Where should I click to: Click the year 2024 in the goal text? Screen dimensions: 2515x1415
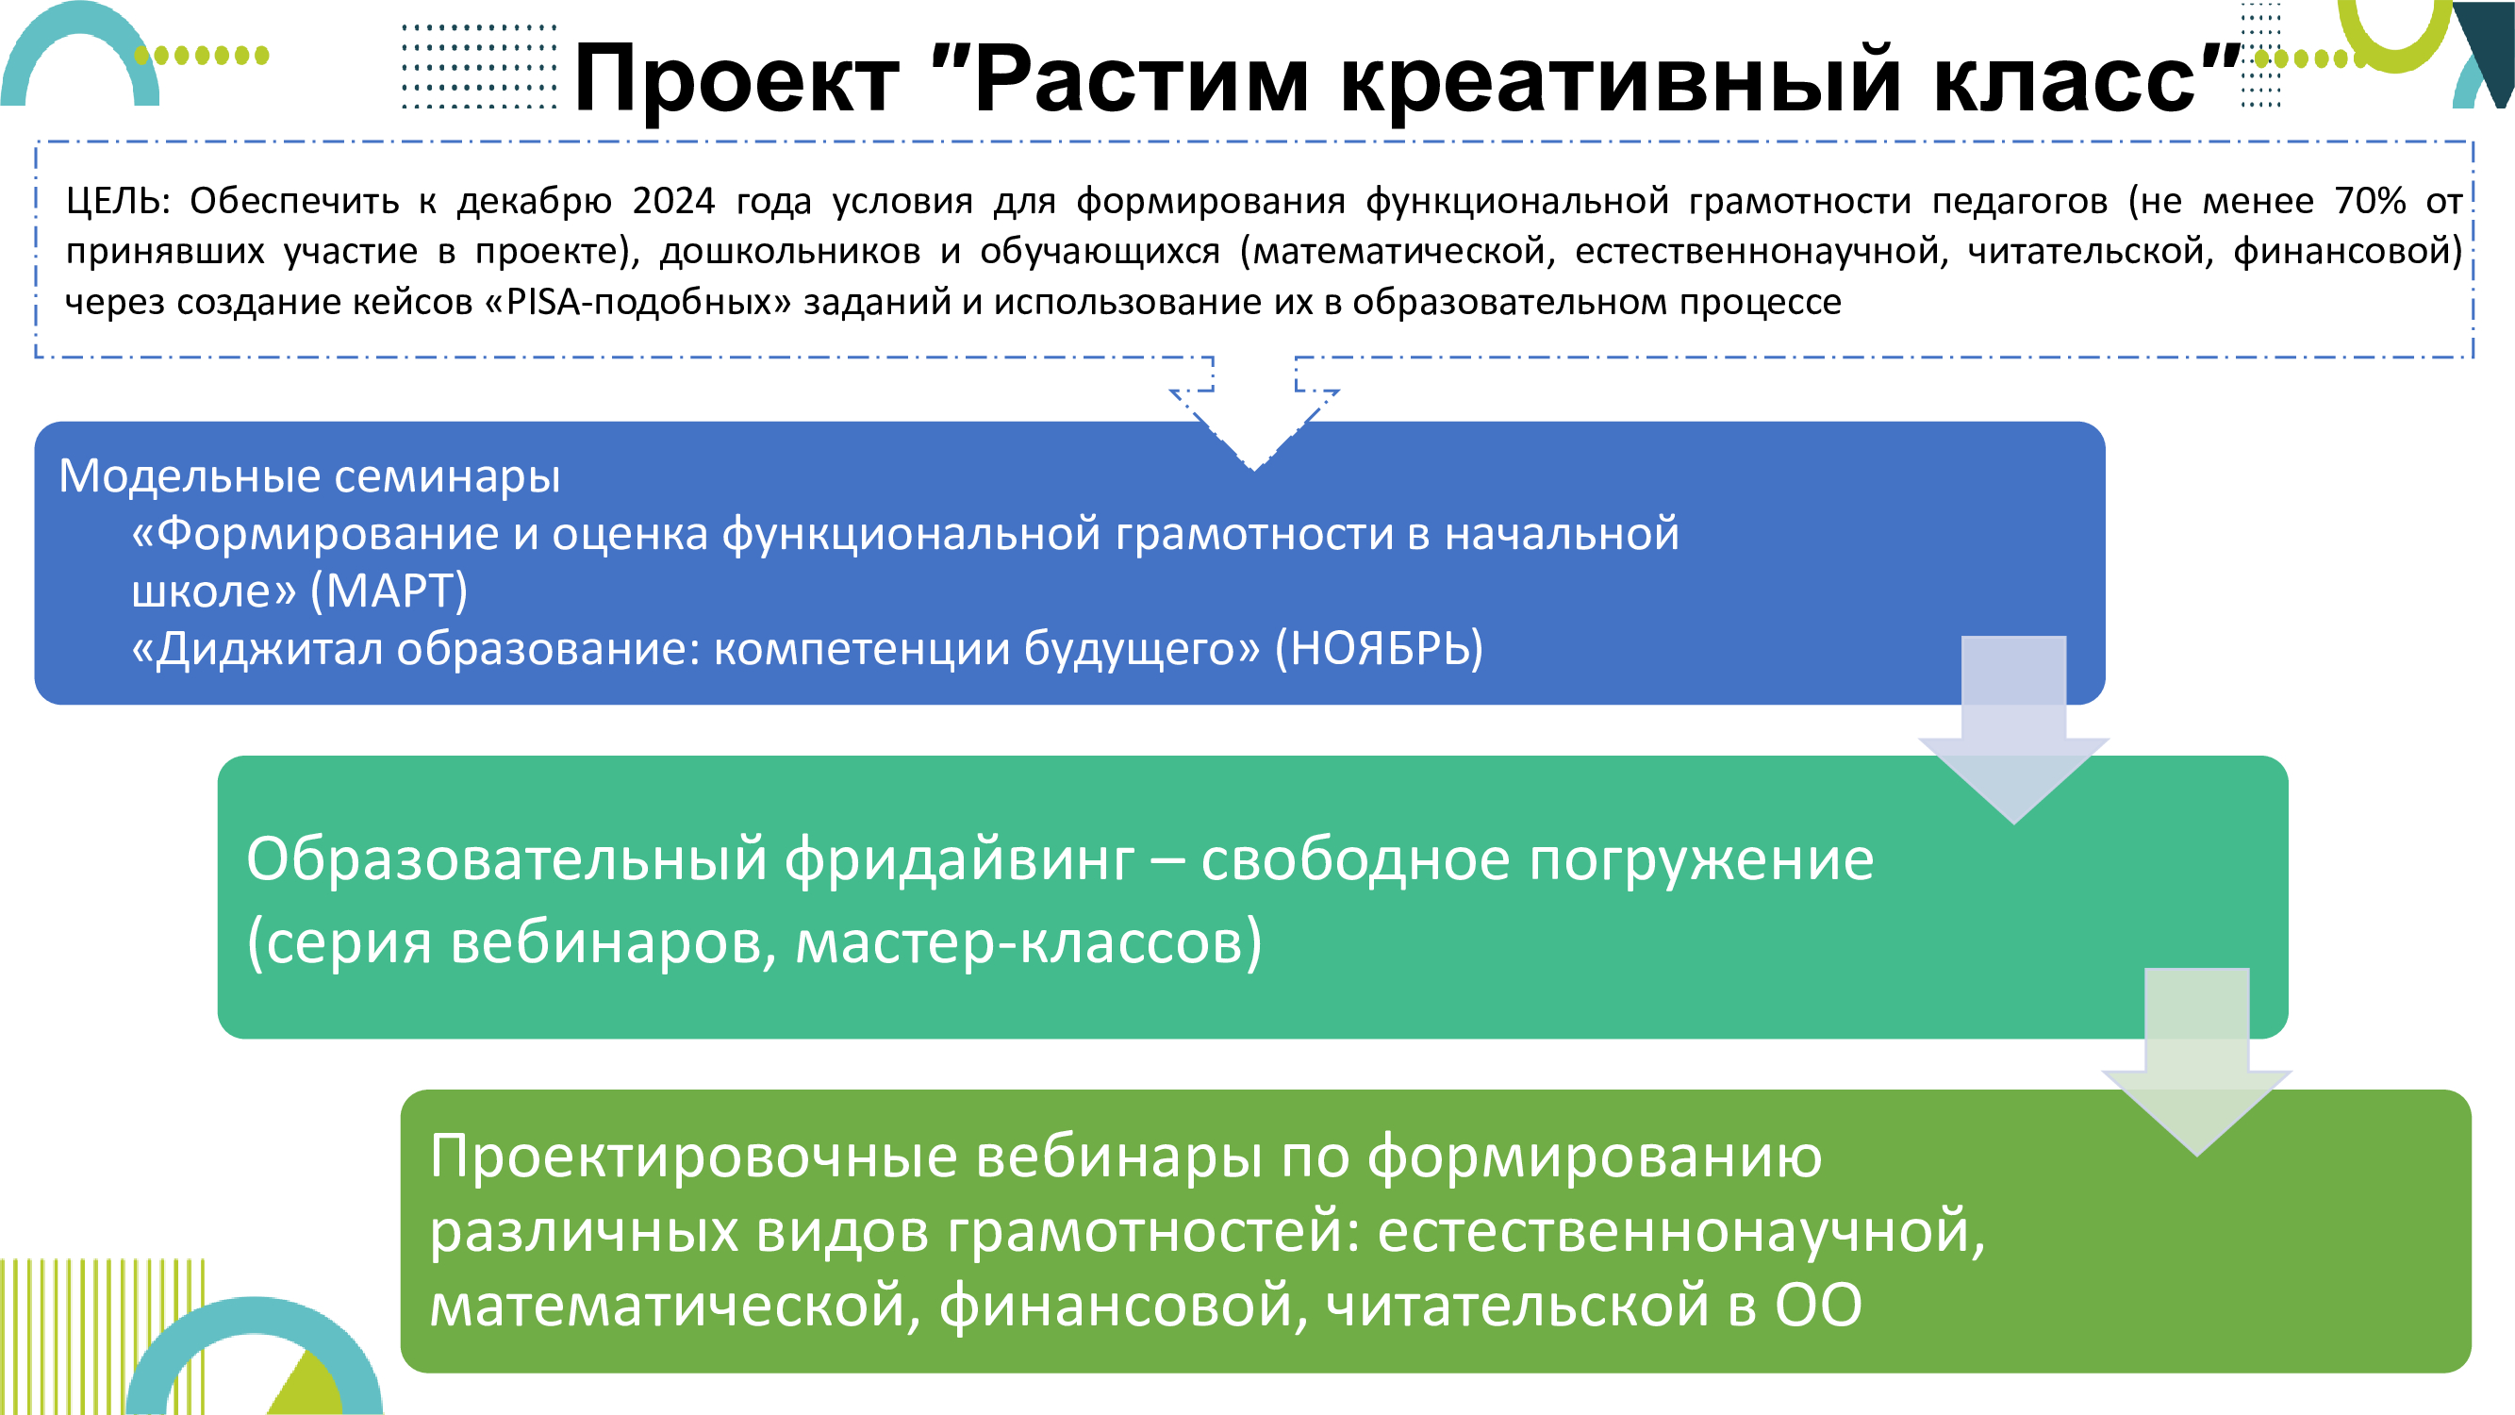673,200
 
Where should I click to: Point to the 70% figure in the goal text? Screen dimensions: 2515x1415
2370,200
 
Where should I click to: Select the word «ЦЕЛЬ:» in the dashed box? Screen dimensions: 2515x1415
118,200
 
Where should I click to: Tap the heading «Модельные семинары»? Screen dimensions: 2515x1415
309,475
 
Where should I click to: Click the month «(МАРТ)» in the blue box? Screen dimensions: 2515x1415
389,591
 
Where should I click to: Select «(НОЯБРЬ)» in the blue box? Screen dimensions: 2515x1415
1379,647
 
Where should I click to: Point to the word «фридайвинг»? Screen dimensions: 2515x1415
959,860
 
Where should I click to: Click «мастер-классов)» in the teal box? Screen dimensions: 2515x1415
1028,943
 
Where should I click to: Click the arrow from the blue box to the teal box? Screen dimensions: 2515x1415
2014,730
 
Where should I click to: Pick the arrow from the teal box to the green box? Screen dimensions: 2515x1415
2196,1062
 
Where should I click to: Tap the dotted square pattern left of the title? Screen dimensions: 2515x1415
479,66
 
